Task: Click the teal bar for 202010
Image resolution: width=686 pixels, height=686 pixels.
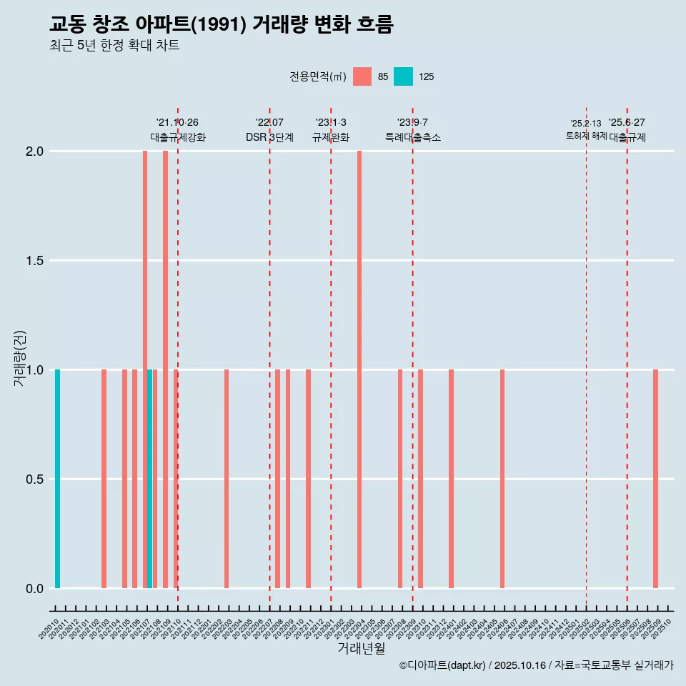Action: [x=57, y=479]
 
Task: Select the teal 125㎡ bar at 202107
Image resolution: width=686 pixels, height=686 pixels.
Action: [x=150, y=479]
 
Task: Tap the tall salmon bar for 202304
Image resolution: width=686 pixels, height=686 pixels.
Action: [x=359, y=369]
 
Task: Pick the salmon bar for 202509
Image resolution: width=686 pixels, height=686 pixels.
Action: [x=655, y=479]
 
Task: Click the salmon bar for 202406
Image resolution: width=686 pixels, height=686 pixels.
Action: [x=502, y=479]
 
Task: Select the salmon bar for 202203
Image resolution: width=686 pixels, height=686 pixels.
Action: [x=227, y=479]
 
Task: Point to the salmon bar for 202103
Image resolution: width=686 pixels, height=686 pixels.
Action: [x=104, y=479]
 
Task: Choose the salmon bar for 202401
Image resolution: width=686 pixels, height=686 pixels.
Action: [x=451, y=479]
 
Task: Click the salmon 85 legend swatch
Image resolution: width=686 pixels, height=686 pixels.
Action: [x=362, y=76]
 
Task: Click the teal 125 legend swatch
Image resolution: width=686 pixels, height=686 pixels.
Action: [x=404, y=76]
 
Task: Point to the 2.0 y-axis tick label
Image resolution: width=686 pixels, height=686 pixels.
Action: [x=34, y=151]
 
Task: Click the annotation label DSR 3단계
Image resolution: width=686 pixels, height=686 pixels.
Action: [x=269, y=137]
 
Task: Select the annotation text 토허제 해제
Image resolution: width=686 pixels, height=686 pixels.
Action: [x=586, y=135]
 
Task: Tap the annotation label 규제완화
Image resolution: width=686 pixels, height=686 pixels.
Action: [x=331, y=137]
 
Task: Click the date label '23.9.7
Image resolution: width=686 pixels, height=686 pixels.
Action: [x=412, y=122]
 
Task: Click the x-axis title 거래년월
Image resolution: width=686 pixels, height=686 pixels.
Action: [x=362, y=648]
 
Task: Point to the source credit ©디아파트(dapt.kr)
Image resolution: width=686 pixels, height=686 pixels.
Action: [x=443, y=665]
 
